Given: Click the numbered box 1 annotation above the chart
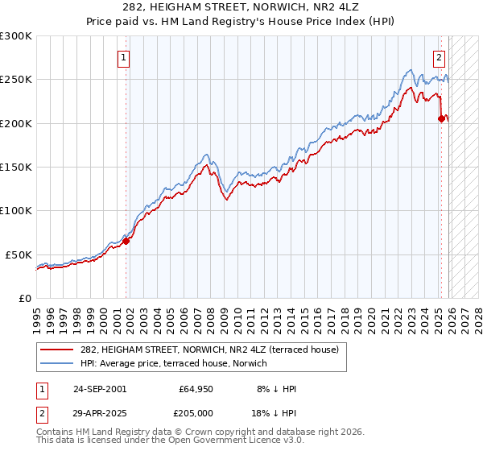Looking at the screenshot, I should [124, 57].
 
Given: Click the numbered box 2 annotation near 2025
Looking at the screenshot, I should [440, 57].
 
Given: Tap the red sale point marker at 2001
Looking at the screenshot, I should [126, 241].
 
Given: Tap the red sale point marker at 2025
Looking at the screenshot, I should [441, 118].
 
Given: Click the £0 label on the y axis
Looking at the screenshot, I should [24, 298].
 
